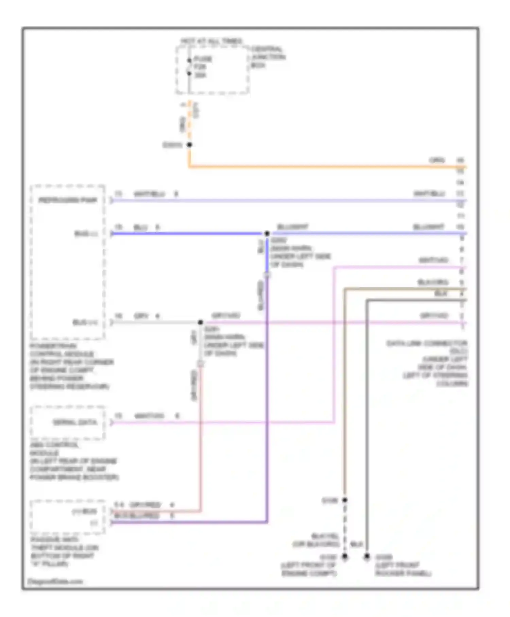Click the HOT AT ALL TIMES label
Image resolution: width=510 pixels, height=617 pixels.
[211, 41]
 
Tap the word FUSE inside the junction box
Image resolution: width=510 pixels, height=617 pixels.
[203, 59]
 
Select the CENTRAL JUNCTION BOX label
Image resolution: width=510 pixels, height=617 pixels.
[268, 57]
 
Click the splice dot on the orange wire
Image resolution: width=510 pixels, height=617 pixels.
[189, 145]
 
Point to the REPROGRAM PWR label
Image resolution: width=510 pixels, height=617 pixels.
[68, 200]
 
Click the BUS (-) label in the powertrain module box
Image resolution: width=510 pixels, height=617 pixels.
[86, 234]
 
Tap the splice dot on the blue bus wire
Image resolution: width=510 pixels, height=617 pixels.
[267, 233]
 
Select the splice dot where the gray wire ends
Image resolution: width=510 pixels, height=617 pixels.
[201, 322]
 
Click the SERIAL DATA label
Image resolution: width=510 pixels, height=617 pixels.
[75, 422]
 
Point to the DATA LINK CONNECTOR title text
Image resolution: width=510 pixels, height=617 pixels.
[427, 343]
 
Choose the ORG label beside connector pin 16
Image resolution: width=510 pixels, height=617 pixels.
[437, 160]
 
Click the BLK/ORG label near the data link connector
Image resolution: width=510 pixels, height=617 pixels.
[432, 282]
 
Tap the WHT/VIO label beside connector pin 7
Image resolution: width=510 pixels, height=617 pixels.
[434, 260]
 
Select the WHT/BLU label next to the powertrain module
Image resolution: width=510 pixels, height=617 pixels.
[149, 194]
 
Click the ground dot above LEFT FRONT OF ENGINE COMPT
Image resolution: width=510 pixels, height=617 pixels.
[345, 557]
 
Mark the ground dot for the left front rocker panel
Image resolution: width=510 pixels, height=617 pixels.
[367, 557]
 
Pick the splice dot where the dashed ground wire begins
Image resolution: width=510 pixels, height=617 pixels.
[345, 500]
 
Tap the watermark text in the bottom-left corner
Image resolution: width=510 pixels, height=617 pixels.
[55, 581]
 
